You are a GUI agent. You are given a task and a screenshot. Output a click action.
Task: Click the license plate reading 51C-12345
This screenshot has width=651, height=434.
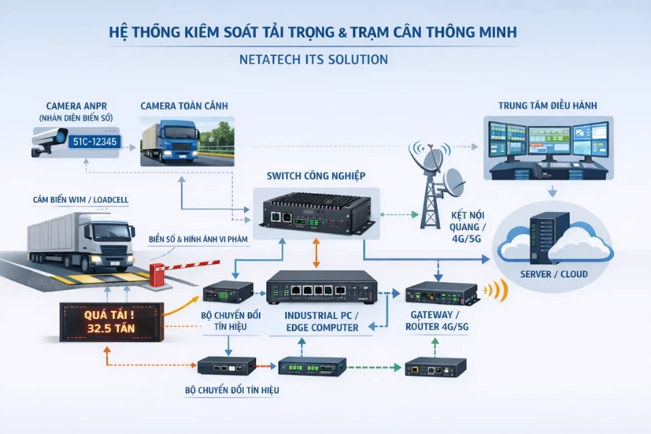pos(94,142)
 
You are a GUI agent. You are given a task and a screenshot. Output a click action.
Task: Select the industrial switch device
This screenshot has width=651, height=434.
pos(315,210)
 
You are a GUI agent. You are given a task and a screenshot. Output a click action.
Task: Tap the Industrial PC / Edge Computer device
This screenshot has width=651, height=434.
pos(320,289)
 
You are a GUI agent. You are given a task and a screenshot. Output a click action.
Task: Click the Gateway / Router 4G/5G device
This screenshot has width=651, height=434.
pos(441,293)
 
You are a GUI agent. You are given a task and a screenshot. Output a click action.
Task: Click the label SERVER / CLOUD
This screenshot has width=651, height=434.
pos(554,274)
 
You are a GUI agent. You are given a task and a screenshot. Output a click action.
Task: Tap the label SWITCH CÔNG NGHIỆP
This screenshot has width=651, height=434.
pos(316,176)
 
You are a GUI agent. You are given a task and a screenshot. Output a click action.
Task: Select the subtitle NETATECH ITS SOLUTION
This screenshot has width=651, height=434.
pos(313,59)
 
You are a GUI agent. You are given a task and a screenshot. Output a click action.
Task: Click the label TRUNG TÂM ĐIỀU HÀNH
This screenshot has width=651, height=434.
pos(548,106)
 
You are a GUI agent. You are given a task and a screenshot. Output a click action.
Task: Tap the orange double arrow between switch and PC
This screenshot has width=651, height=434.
pos(315,253)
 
